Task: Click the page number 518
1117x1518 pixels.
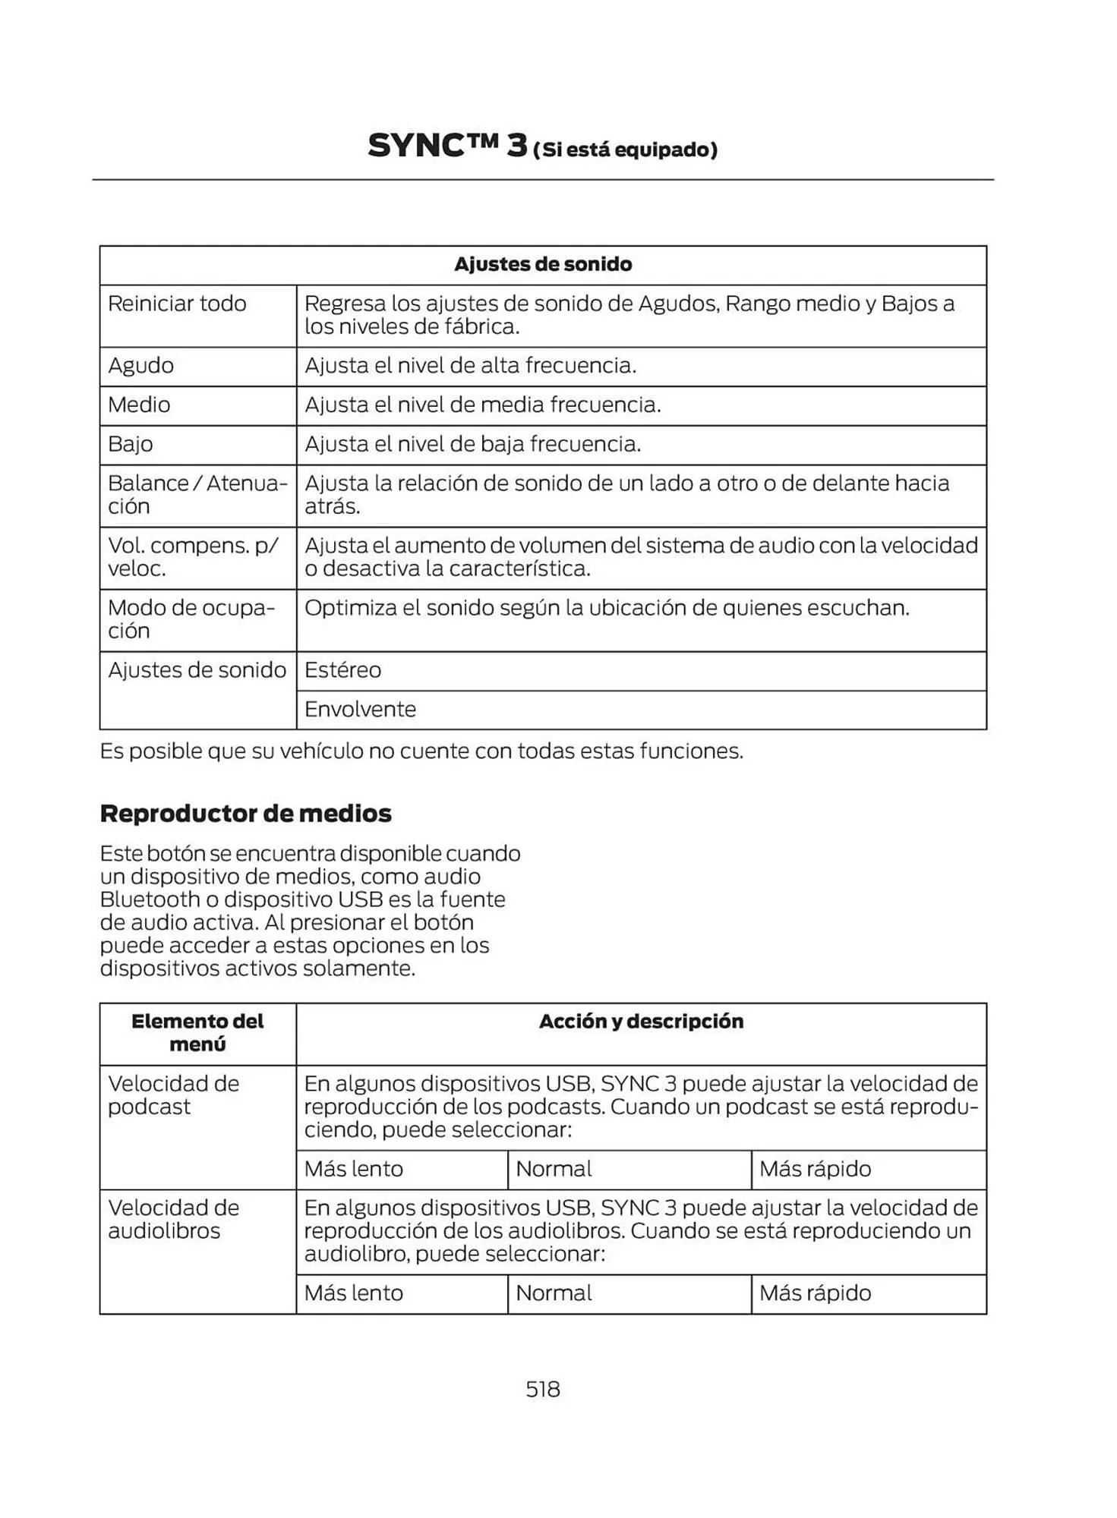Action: tap(542, 1388)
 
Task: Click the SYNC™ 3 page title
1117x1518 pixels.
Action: tap(541, 146)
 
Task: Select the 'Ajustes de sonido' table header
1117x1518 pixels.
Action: tap(542, 264)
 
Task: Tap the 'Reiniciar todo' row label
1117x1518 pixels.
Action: tap(177, 304)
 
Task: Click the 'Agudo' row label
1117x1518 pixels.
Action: tap(140, 366)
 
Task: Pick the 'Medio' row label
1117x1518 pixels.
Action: tap(139, 405)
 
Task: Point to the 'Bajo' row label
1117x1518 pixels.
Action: tap(131, 444)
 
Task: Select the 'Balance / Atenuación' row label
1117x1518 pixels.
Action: tap(197, 494)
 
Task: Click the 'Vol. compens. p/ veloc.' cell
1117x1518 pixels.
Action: tap(193, 556)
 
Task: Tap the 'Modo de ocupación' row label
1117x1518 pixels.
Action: tap(191, 619)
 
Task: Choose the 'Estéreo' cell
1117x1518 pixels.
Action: tap(342, 670)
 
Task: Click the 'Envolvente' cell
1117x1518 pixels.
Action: tap(360, 710)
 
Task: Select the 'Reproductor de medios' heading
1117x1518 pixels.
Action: tap(245, 814)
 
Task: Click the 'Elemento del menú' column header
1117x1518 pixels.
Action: tap(197, 1032)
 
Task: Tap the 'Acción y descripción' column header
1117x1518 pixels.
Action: tap(641, 1022)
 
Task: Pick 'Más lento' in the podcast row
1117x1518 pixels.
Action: tap(354, 1169)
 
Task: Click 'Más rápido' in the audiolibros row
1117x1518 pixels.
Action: tap(815, 1293)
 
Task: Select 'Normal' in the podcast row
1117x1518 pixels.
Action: tap(554, 1169)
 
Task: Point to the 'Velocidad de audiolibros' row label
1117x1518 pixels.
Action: tap(174, 1218)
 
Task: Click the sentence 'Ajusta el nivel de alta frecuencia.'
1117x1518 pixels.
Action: tap(470, 366)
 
